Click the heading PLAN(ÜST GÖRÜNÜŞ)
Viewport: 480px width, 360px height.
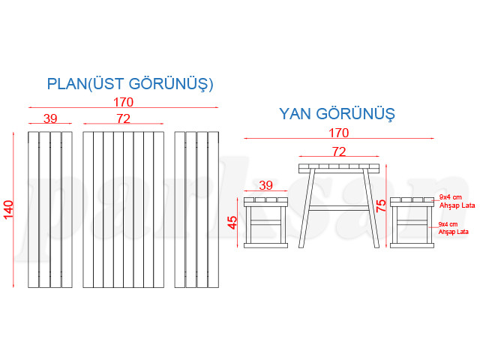click(130, 83)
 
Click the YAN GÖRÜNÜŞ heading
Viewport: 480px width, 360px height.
click(337, 114)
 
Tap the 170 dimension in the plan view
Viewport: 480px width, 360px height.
click(124, 102)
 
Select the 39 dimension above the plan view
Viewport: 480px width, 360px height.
click(50, 118)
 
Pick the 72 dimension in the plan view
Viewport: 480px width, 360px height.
click(124, 118)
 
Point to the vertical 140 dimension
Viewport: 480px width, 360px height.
click(9, 210)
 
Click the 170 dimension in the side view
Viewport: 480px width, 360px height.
click(338, 133)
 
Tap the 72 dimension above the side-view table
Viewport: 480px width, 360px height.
click(339, 151)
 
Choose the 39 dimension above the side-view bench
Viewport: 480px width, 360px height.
click(265, 185)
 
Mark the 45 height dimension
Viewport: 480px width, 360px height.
click(233, 223)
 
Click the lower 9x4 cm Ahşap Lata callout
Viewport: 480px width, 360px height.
click(453, 228)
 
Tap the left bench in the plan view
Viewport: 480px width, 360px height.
click(50, 210)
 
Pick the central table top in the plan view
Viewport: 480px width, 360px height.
click(124, 210)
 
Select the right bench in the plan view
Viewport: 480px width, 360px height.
click(196, 210)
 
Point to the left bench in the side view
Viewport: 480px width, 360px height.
click(266, 222)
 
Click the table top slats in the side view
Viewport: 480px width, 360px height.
click(339, 168)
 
